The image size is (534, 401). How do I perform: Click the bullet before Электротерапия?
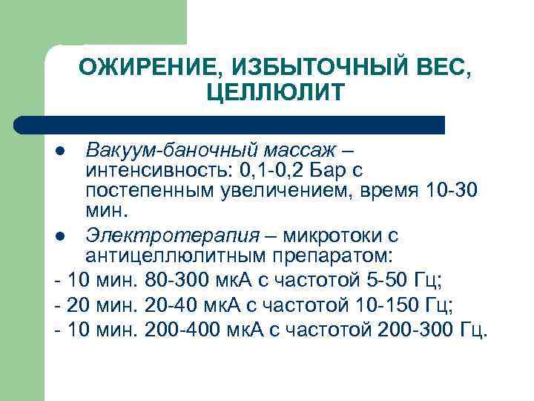pyautogui.click(x=61, y=237)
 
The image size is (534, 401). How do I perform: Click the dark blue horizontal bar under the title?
pyautogui.click(x=230, y=125)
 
